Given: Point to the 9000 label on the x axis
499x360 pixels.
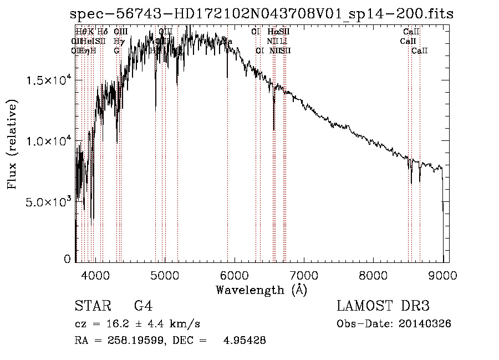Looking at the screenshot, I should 442,275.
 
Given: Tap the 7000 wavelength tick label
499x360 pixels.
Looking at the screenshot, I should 304,275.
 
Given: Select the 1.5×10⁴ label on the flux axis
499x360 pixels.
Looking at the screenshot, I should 49,81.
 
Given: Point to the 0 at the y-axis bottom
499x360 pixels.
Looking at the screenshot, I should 67,259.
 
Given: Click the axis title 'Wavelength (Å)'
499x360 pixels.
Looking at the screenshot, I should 261,290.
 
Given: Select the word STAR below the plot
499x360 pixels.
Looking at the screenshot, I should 89,306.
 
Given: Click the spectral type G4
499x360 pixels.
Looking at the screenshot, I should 143,306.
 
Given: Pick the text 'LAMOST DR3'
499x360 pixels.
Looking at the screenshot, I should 383,306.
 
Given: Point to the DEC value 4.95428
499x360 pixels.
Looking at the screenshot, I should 243,341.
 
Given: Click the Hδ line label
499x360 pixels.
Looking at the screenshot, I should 102,32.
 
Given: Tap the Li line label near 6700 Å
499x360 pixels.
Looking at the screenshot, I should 283,41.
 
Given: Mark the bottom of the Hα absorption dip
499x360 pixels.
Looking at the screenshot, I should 273,130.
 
